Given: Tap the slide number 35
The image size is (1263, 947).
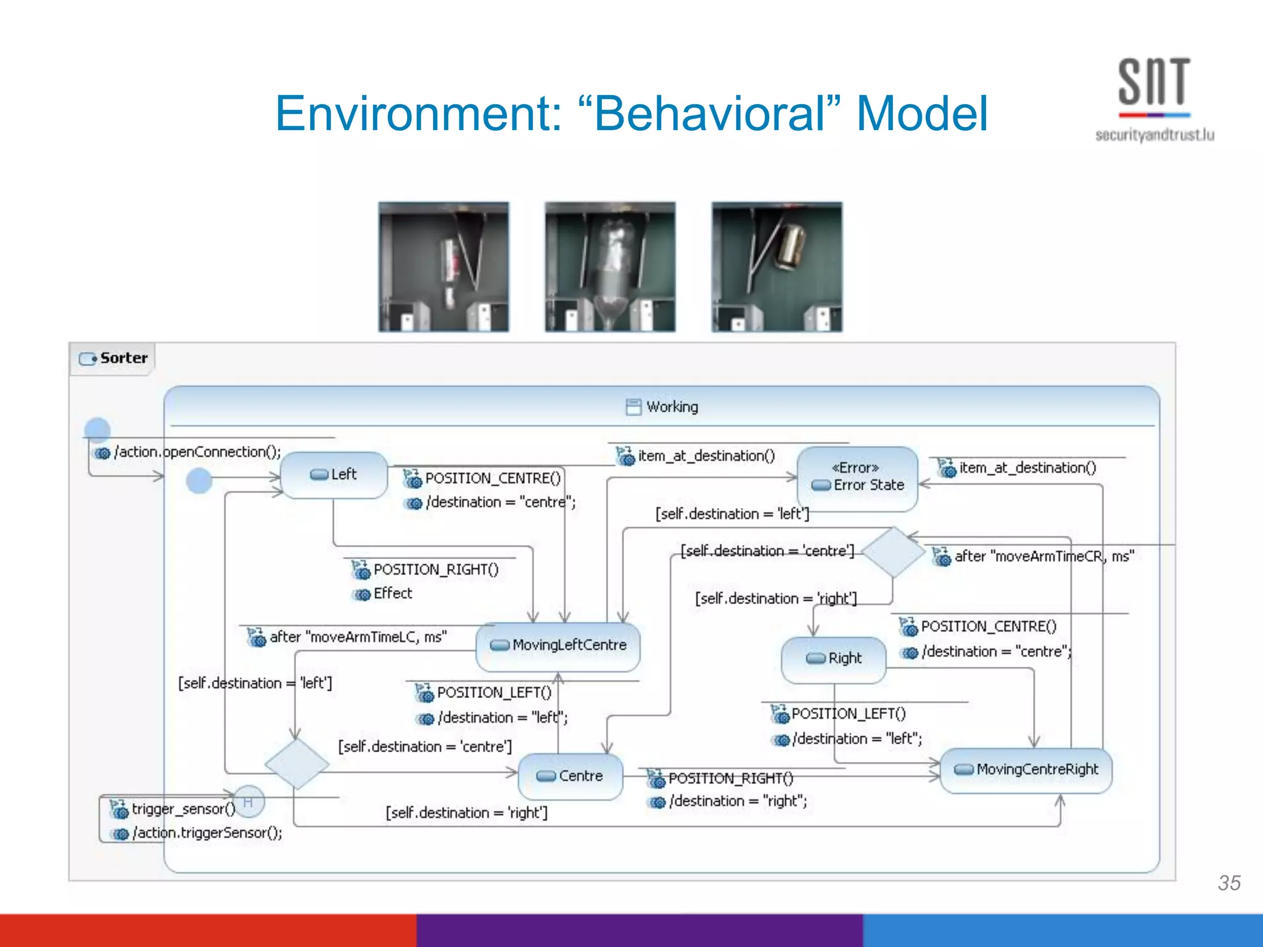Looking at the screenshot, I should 1228,882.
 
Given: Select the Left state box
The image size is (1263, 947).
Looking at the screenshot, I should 334,475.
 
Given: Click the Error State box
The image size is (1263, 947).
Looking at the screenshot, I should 857,478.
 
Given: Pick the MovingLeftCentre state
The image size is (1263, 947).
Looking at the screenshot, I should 558,646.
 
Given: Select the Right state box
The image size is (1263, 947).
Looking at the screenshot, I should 833,659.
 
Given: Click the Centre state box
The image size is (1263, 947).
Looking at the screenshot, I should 570,776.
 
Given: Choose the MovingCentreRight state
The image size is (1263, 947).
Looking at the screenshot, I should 1026,769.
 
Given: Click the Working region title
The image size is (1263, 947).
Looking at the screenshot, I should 672,407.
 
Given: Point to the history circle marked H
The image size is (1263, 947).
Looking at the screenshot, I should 249,801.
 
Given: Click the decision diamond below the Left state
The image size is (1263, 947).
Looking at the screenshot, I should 297,764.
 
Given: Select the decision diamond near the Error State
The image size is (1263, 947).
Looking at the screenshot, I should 892,551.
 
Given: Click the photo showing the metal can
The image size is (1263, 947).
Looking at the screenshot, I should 776,267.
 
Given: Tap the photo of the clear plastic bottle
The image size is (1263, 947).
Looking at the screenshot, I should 609,267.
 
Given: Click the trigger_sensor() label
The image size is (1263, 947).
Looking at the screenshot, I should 183,809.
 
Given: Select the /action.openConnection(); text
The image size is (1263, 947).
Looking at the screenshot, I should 197,452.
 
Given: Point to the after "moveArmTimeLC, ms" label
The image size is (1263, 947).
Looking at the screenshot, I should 358,637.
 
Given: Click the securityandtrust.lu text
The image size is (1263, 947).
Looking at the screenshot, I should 1154,135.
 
